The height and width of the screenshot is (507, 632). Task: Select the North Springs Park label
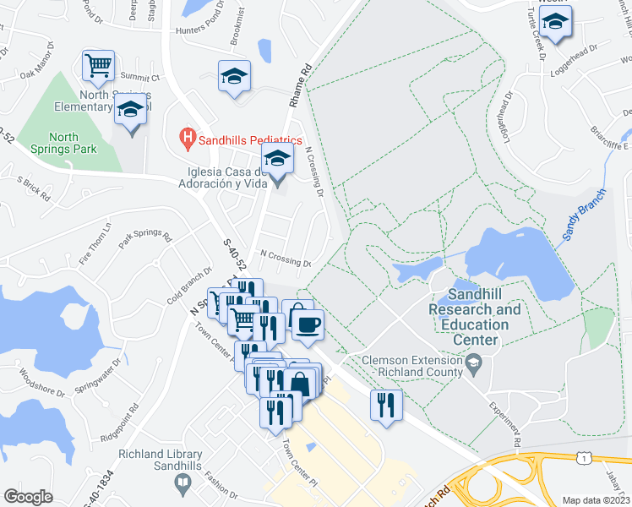coord(63,143)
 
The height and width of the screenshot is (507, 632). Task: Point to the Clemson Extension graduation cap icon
coord(474,366)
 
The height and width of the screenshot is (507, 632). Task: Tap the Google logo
coord(29,497)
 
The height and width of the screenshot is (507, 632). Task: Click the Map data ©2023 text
coord(596,500)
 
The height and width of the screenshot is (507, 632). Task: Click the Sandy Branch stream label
coord(580,221)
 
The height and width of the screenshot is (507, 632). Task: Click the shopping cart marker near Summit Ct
coord(99,65)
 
